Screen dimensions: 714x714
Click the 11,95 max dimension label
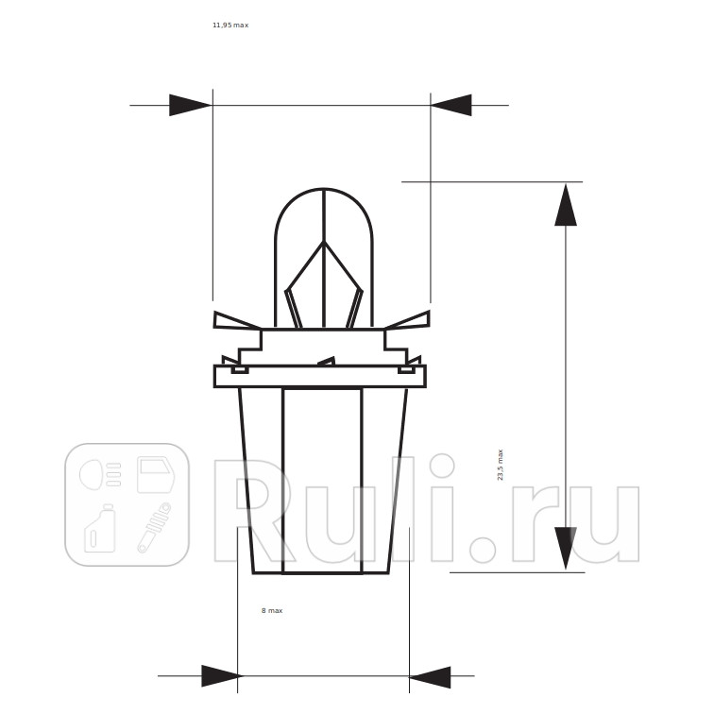coord(230,25)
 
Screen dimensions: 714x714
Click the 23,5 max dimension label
coord(500,465)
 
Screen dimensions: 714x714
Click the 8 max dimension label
coord(272,610)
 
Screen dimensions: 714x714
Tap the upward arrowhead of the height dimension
coord(566,205)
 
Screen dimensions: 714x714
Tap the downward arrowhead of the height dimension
coord(566,548)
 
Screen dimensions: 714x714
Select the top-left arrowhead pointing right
coord(191,105)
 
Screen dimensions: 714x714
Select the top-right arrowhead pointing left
coord(451,105)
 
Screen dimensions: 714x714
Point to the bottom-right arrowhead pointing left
coord(430,677)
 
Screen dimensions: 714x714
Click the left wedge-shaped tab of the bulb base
coord(235,321)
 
